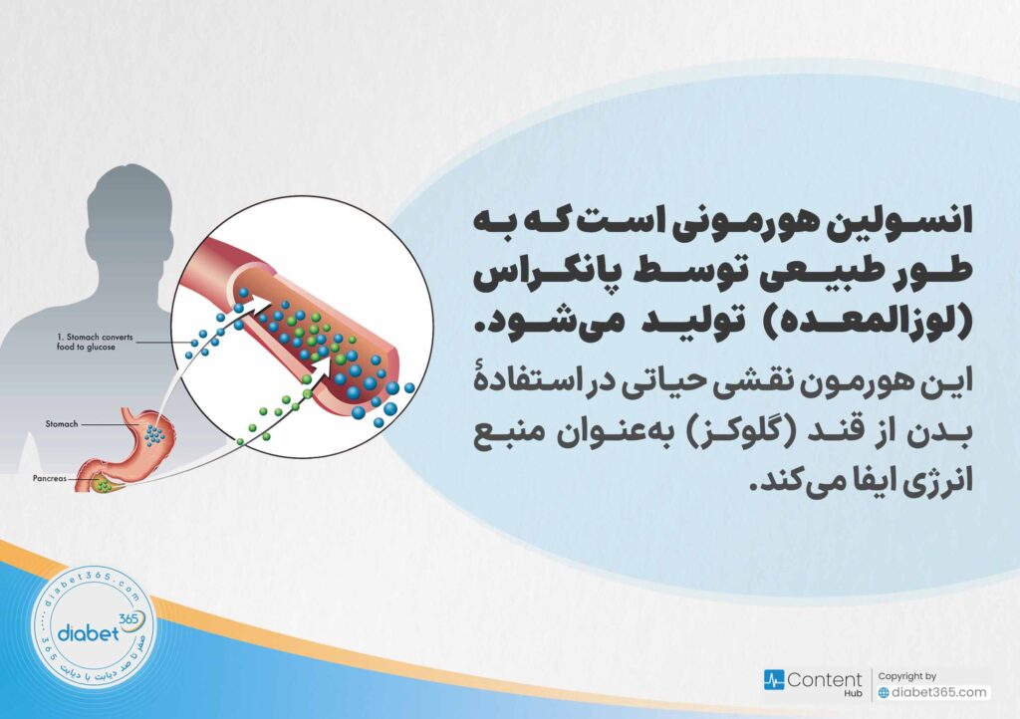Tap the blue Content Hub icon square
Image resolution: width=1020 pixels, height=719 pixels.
[x=774, y=681]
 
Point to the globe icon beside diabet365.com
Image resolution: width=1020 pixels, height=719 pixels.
[x=884, y=693]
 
